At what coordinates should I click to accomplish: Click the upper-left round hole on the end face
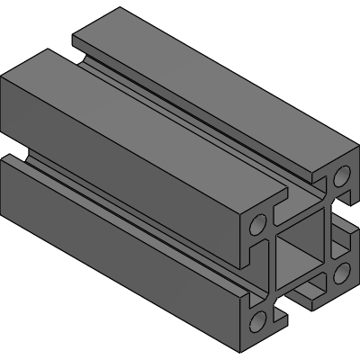click(x=258, y=223)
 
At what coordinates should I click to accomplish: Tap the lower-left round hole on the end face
click(x=258, y=319)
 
